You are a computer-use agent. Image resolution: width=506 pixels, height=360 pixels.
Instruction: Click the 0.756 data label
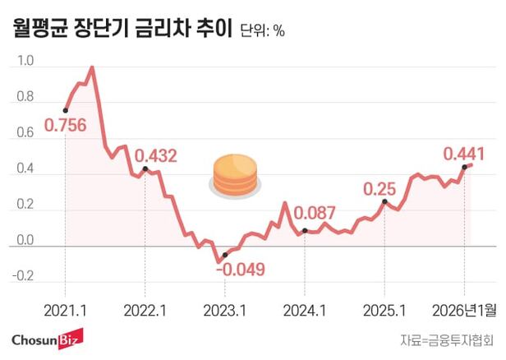(x=67, y=126)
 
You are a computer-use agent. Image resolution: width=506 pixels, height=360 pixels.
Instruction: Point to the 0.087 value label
(x=315, y=214)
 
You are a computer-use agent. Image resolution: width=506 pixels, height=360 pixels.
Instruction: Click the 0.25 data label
(x=379, y=187)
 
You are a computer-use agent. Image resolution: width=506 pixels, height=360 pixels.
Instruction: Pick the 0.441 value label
(x=464, y=153)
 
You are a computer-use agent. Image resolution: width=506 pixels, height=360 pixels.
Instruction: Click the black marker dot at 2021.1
(x=65, y=110)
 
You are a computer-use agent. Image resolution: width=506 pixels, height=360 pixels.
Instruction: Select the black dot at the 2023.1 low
(x=224, y=256)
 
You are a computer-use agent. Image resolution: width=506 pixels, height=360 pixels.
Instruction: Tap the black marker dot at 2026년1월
(x=465, y=166)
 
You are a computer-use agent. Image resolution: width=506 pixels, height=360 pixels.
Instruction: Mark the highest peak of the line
(x=91, y=67)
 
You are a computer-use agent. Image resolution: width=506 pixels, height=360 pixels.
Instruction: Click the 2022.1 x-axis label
(x=145, y=311)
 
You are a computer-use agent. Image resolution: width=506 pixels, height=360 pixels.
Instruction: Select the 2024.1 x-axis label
(x=305, y=311)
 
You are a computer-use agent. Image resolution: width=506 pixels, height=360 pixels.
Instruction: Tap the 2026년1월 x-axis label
(x=464, y=311)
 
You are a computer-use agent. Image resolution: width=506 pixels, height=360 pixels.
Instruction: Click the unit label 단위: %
(x=263, y=31)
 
